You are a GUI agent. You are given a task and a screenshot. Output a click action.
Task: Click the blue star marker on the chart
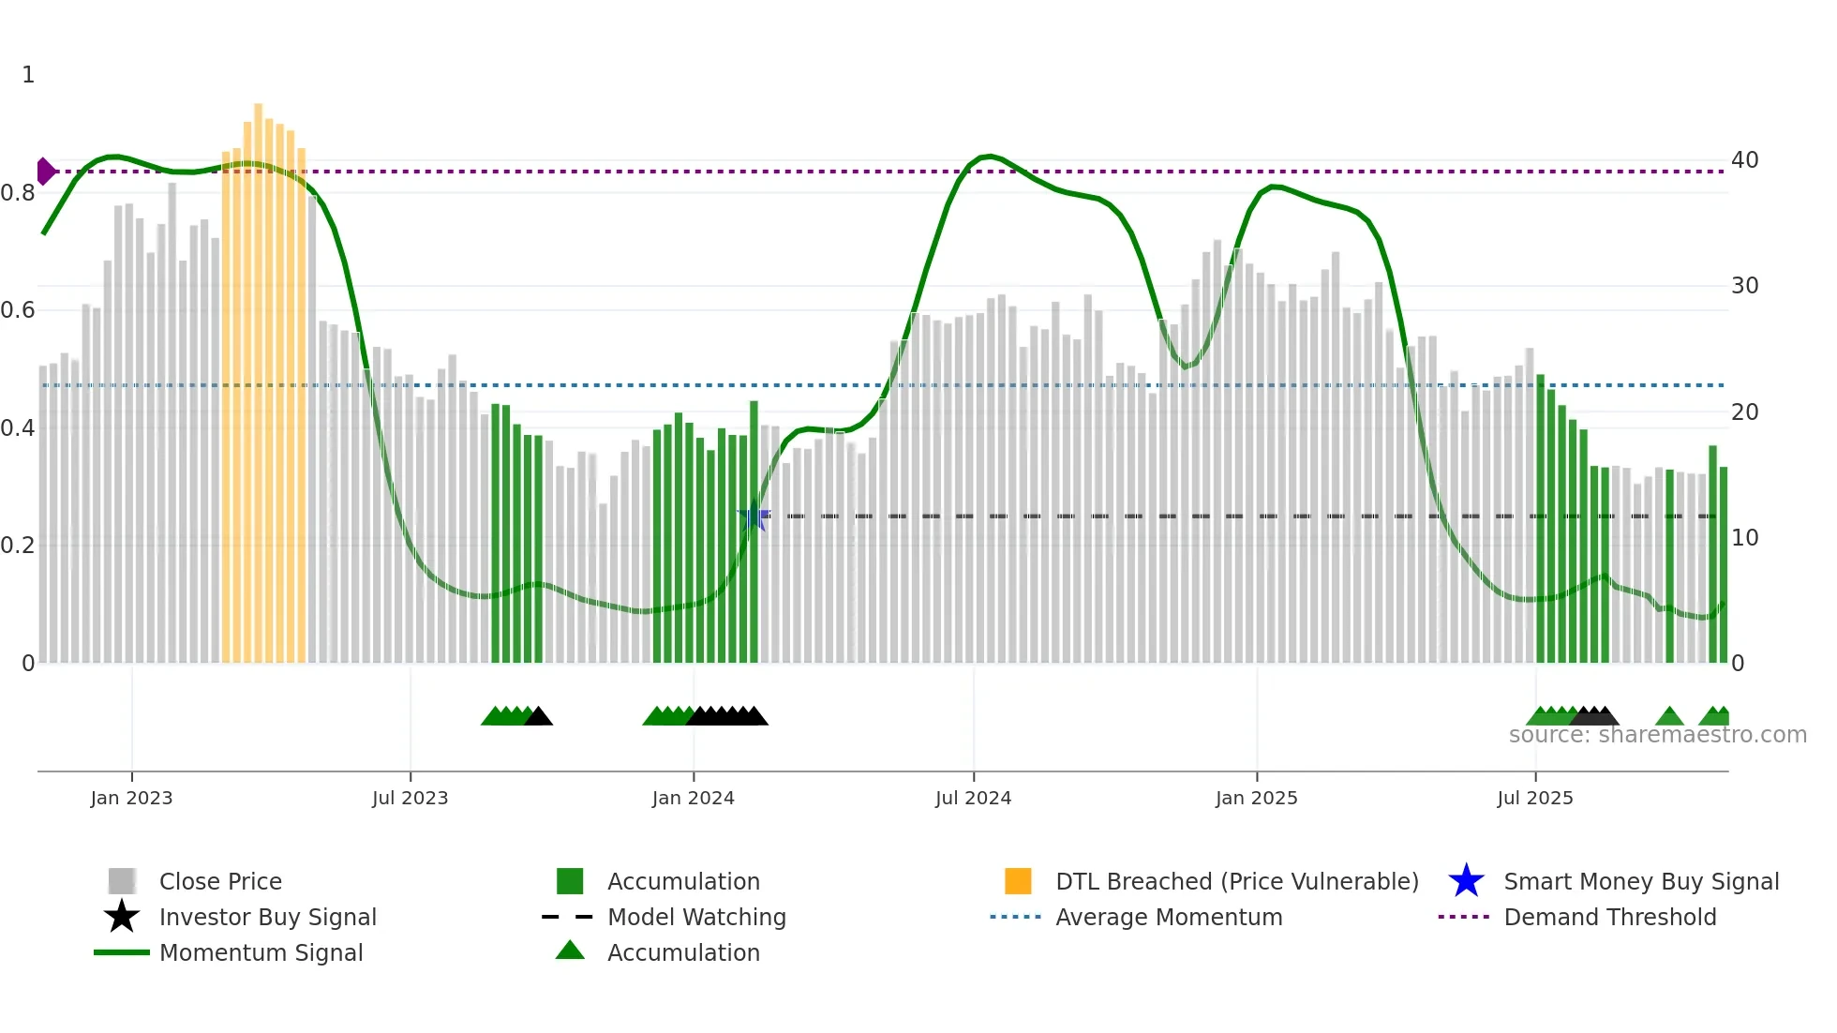(753, 516)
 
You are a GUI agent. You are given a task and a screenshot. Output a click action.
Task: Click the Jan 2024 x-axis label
(693, 798)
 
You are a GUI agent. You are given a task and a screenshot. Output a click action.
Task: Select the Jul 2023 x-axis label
(410, 798)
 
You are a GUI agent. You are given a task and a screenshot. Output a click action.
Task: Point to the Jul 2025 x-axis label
(1534, 798)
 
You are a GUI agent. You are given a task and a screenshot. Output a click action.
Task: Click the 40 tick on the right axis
(1744, 160)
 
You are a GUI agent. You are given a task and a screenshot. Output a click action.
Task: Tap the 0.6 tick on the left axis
(18, 310)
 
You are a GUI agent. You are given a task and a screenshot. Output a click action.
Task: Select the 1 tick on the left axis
(28, 75)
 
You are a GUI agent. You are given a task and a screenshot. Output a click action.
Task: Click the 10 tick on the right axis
(1744, 538)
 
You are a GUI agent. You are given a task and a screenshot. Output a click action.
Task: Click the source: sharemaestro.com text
(1657, 735)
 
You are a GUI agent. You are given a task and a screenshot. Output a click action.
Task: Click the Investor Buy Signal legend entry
(267, 917)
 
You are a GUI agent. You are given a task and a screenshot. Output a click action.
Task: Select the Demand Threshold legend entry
(1609, 917)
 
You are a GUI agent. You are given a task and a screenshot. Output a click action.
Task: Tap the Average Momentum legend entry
(1168, 917)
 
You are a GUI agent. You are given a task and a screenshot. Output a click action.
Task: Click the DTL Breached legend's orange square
(1018, 881)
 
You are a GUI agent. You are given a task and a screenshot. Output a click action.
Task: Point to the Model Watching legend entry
(695, 917)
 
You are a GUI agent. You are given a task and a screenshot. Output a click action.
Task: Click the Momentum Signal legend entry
(261, 952)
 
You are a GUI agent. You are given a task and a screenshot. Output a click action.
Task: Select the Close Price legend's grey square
(122, 881)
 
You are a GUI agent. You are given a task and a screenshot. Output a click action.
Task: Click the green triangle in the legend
(570, 951)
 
